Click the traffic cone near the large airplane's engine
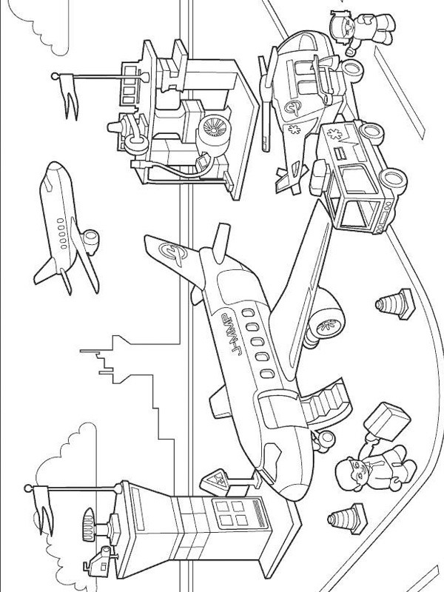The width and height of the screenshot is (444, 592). pos(388,304)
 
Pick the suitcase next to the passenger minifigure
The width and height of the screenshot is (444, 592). pos(388,420)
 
